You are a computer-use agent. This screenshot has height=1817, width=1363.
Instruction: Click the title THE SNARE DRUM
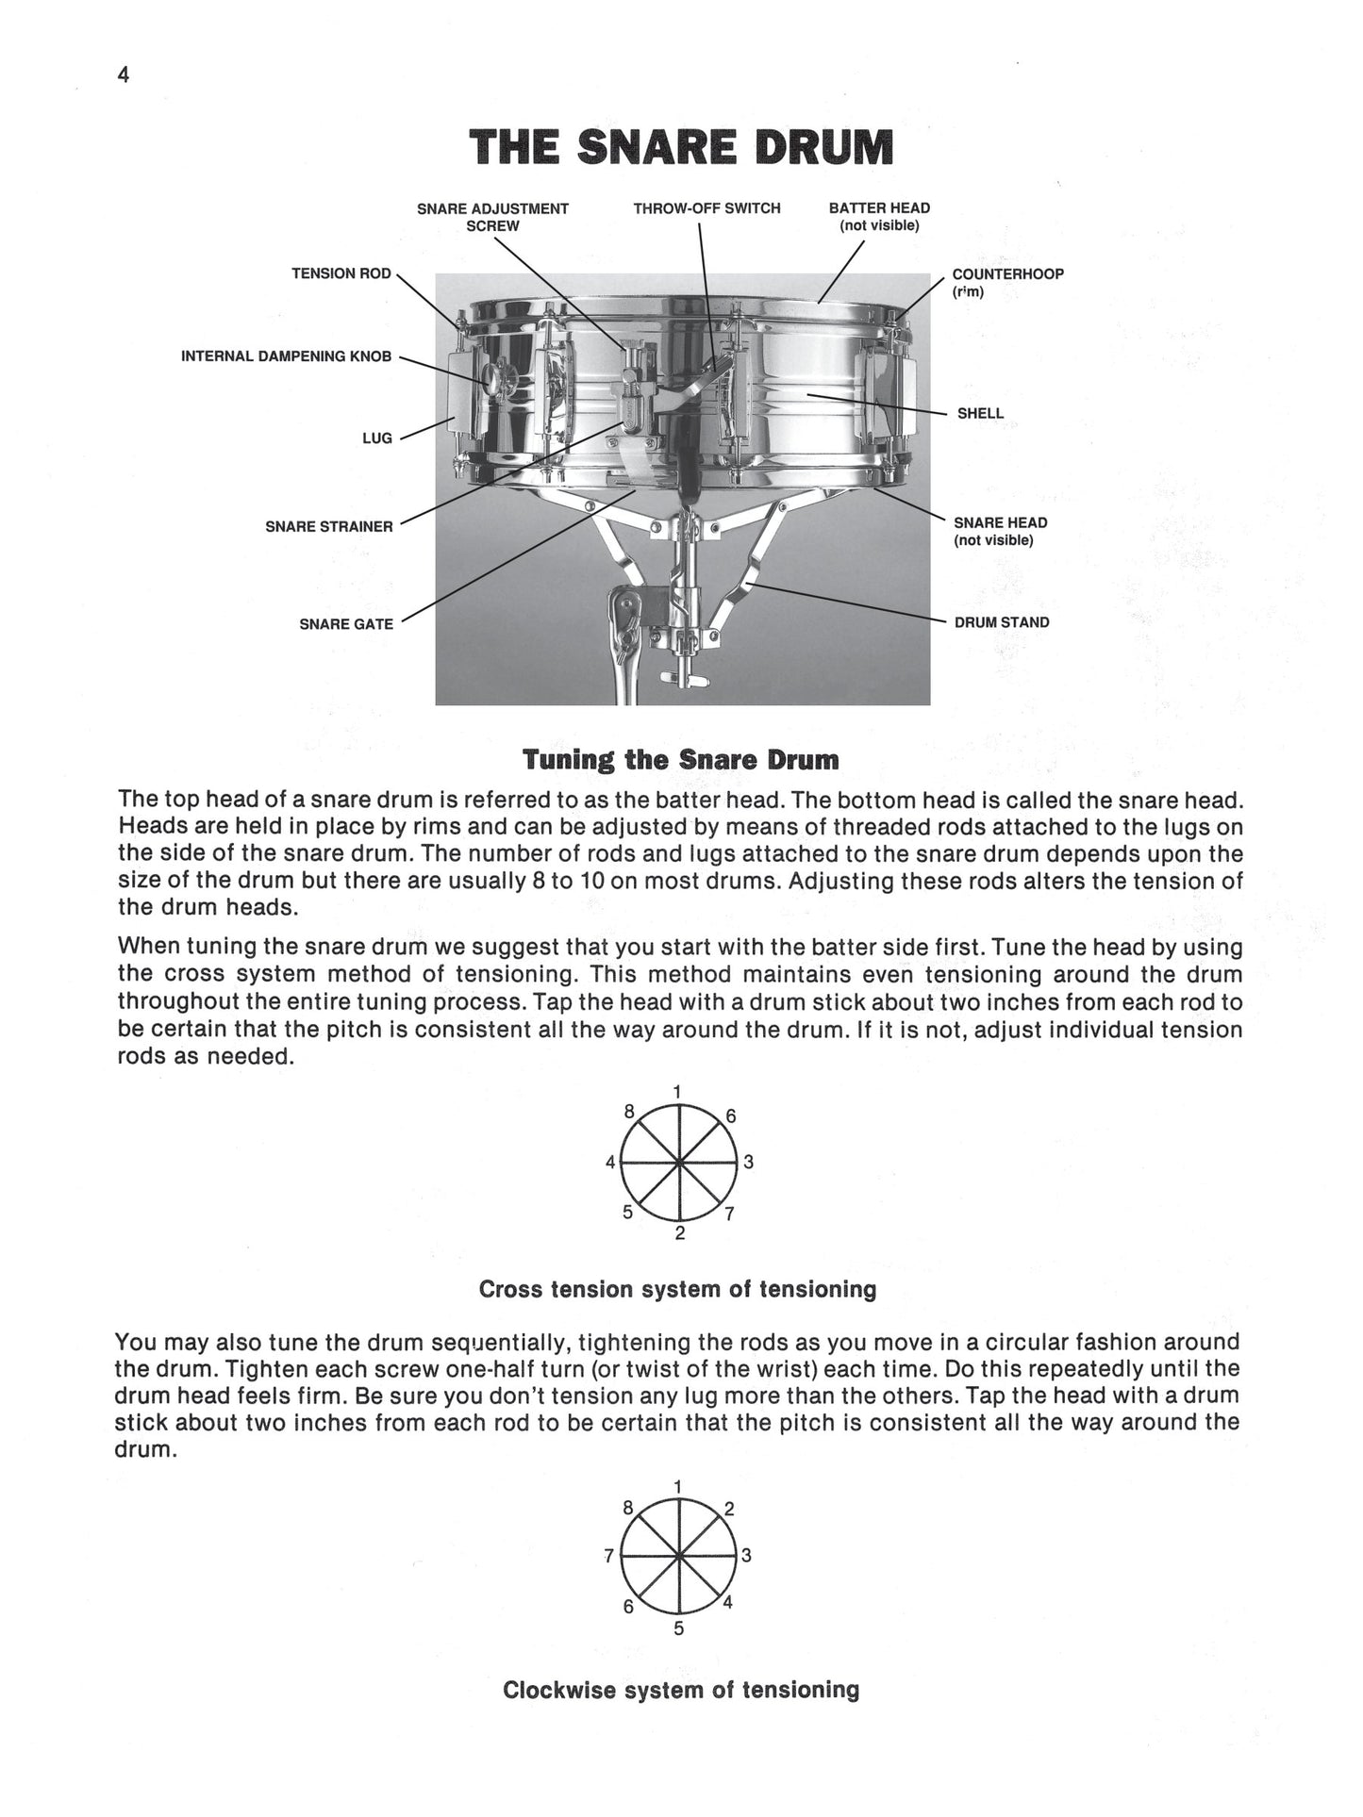click(681, 149)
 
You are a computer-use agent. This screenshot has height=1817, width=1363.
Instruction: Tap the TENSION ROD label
click(341, 273)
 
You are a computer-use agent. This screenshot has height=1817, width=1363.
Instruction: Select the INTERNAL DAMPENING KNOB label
click(286, 356)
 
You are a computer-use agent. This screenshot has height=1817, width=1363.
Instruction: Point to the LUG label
click(376, 438)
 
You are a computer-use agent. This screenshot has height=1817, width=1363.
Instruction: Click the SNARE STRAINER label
click(328, 526)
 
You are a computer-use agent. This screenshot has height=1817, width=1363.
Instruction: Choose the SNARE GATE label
click(346, 624)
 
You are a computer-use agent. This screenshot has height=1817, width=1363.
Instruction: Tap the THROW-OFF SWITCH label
click(706, 208)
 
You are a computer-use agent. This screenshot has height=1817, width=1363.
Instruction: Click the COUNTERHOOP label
click(1007, 274)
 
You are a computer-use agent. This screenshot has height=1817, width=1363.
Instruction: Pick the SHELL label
click(980, 413)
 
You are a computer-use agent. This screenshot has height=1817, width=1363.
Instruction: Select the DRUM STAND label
click(1001, 622)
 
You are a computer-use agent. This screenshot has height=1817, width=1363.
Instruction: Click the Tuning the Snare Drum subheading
click(680, 760)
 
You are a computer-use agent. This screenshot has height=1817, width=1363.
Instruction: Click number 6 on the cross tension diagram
click(730, 1116)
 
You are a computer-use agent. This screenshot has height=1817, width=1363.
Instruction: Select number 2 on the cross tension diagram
click(679, 1233)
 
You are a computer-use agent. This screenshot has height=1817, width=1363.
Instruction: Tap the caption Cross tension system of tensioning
click(677, 1289)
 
